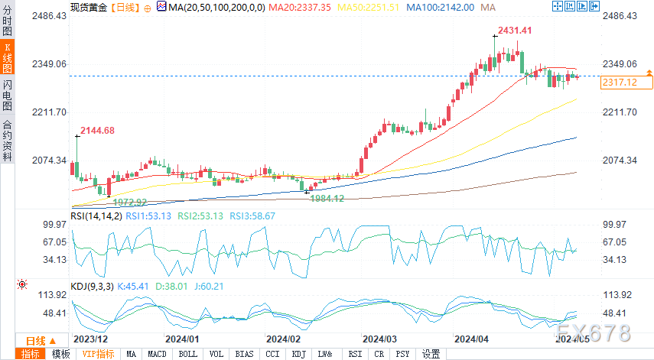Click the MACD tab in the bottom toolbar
point(157,354)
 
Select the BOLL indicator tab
point(187,354)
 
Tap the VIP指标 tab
point(98,354)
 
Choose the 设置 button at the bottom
point(431,354)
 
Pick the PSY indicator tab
point(402,354)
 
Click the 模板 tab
point(60,354)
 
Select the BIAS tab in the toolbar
point(244,354)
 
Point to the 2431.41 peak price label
point(515,31)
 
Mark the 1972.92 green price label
point(130,202)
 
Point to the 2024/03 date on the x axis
point(379,338)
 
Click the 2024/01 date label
point(182,338)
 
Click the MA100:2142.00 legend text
point(440,6)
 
